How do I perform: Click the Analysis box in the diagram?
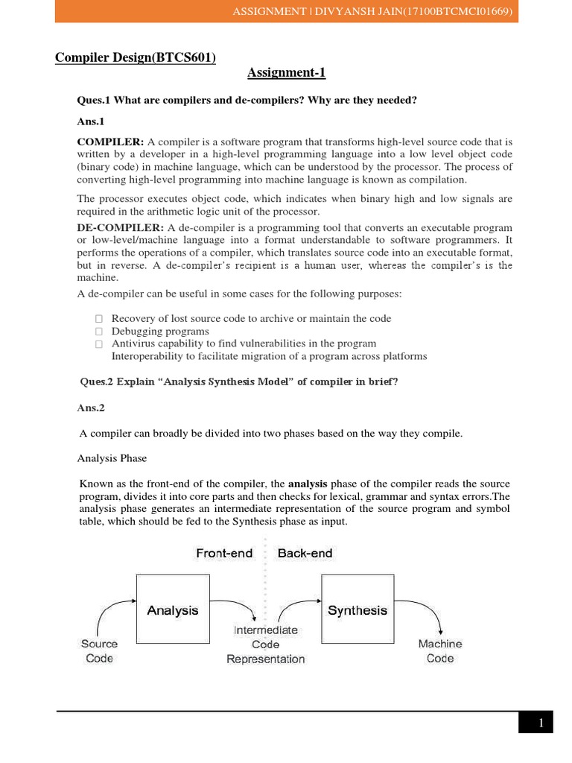(173, 610)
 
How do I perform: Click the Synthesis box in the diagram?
(357, 610)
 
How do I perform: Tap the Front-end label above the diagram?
(224, 553)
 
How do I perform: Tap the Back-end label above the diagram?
(305, 553)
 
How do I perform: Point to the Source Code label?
(99, 650)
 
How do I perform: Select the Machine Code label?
(439, 650)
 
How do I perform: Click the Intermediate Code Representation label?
(266, 645)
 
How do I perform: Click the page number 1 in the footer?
(541, 724)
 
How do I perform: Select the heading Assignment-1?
(286, 72)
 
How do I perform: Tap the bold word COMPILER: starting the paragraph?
(111, 142)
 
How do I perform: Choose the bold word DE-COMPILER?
(121, 227)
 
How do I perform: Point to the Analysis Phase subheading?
(112, 458)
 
